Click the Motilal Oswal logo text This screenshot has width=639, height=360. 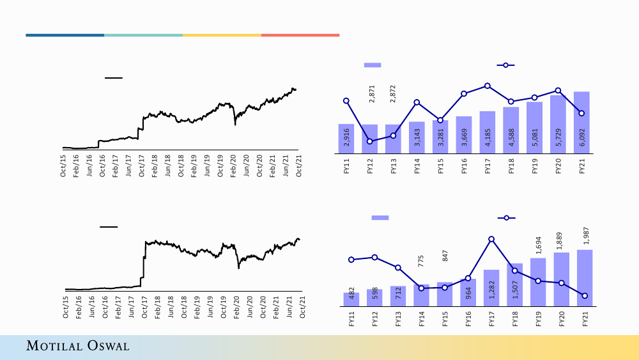(x=77, y=346)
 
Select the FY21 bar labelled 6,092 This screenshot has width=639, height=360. (x=581, y=123)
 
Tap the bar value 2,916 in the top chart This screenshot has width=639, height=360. (x=346, y=138)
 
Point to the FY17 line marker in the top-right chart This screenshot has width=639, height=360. (x=488, y=86)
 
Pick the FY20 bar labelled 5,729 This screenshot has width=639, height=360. (x=558, y=125)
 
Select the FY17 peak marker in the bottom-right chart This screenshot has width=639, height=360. (x=491, y=239)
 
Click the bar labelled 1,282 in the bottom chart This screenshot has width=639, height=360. (x=491, y=288)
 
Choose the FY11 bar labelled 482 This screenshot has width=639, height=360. (x=351, y=299)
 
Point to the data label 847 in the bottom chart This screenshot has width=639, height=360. (x=445, y=255)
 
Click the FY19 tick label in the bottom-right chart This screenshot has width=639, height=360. (x=538, y=320)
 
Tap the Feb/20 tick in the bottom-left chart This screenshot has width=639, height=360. (x=236, y=306)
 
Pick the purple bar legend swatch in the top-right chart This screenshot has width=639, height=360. (x=373, y=65)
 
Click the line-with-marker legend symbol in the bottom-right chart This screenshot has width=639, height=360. (x=506, y=218)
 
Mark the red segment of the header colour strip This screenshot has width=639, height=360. (x=300, y=35)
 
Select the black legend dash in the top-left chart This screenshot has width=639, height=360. (x=113, y=78)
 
